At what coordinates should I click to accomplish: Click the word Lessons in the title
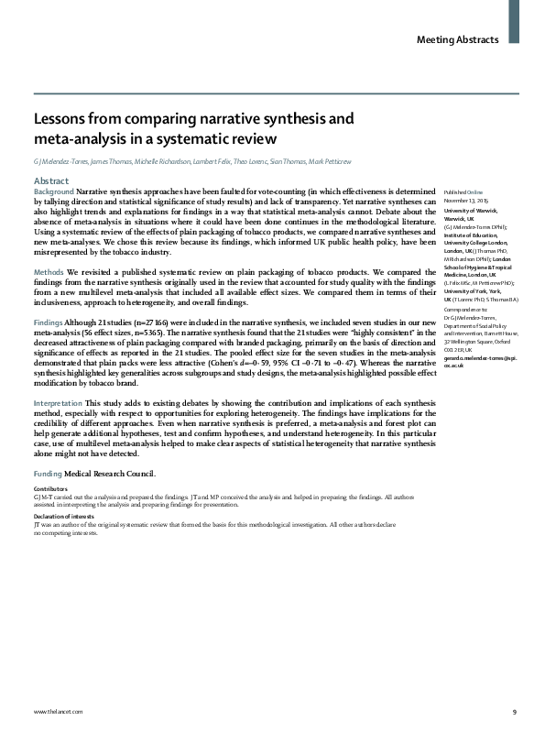tap(62, 119)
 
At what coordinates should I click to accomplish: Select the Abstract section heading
tap(52, 181)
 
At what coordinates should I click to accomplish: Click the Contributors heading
tap(49, 490)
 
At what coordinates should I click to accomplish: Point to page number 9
tap(514, 712)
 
